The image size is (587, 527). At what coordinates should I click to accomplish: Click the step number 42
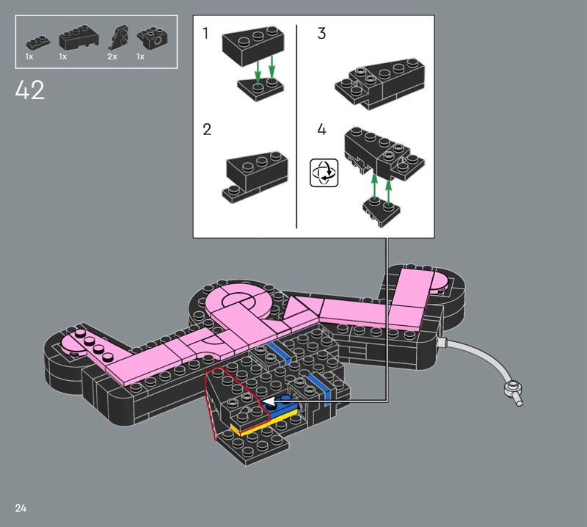click(x=30, y=90)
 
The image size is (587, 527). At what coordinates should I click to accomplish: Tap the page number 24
click(x=21, y=508)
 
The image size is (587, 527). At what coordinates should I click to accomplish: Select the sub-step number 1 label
click(x=205, y=33)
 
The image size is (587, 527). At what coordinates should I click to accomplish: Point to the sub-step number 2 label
click(x=207, y=130)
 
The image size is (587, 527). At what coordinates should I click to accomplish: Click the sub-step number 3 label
click(x=321, y=33)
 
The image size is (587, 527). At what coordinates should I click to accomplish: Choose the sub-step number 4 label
click(x=321, y=130)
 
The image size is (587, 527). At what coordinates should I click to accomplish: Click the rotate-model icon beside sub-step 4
click(x=324, y=172)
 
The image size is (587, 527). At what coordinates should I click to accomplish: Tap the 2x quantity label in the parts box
click(x=112, y=57)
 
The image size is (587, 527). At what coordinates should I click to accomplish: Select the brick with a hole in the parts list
click(x=152, y=39)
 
